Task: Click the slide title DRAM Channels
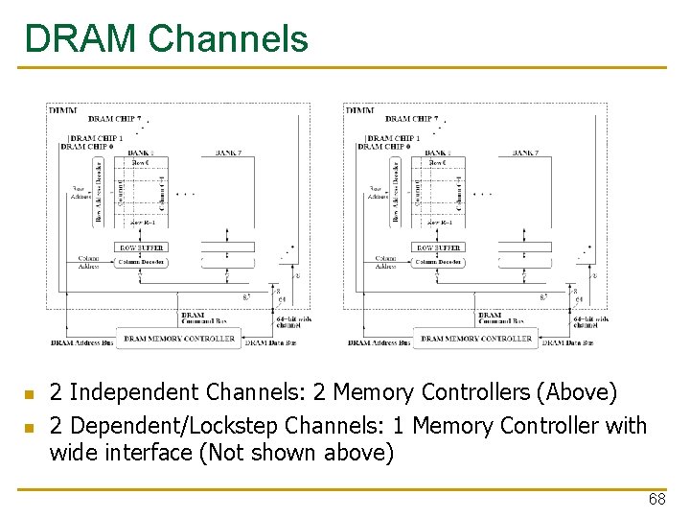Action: coord(167,39)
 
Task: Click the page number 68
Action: coord(656,500)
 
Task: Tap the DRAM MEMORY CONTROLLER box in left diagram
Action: coord(179,339)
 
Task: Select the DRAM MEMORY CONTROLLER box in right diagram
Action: coord(476,339)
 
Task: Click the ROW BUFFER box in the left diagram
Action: coord(141,247)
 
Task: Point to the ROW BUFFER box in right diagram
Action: coord(438,247)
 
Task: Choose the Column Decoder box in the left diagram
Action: coord(142,261)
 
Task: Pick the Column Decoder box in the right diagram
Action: coord(439,261)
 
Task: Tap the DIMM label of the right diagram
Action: coord(360,110)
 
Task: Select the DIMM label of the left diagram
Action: coord(63,110)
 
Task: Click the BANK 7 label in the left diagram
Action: coord(228,153)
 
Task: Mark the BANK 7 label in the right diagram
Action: coord(525,153)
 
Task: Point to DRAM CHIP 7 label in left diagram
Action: coord(114,119)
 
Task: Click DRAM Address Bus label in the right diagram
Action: coord(379,342)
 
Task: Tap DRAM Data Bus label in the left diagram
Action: coord(270,341)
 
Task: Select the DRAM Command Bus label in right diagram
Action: coord(498,318)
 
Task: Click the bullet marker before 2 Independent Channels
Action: coord(30,394)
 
